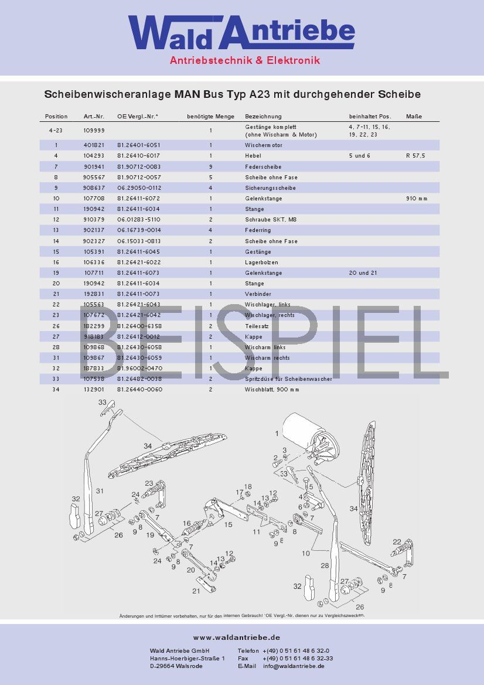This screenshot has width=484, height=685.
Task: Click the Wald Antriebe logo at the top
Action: pos(241,34)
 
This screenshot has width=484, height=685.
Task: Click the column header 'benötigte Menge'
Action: pos(210,117)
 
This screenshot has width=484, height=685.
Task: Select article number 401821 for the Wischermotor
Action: pos(94,145)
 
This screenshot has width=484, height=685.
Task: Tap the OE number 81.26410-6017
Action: pos(138,156)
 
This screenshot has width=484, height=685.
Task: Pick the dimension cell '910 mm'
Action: pos(417,199)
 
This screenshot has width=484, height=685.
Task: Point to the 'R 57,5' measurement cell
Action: pos(415,156)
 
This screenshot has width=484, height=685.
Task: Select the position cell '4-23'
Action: pos(56,130)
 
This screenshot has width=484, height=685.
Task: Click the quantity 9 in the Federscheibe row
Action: pos(210,166)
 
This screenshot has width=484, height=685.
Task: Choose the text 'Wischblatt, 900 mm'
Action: pos(272,390)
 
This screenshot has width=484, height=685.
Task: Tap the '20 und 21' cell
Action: pos(363,273)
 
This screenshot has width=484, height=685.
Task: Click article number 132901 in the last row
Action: pos(94,390)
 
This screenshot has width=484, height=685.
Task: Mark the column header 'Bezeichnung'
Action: pos(263,117)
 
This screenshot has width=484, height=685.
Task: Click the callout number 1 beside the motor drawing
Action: pos(277,434)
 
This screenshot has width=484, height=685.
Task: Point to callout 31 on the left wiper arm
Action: pos(100,490)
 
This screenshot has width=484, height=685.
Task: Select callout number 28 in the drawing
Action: pos(325,565)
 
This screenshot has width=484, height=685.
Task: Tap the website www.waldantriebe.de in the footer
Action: pos(237,638)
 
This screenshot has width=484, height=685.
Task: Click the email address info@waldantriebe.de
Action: pos(294,666)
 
